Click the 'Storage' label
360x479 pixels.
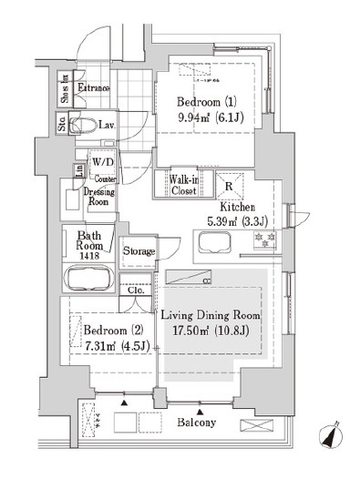[x=139, y=251]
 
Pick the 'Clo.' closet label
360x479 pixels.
[x=136, y=291]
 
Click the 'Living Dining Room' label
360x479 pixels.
[x=211, y=315]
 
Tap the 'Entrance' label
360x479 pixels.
[x=93, y=88]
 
